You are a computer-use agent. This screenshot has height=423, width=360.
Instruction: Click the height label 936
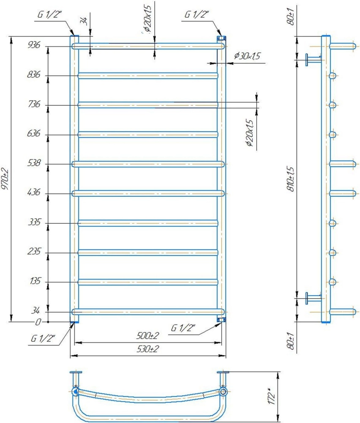coord(34,45)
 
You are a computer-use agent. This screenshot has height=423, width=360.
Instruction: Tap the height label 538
coord(34,163)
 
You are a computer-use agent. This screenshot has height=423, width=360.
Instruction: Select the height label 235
coord(34,252)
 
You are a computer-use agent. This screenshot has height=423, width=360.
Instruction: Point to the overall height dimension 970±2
coord(5,179)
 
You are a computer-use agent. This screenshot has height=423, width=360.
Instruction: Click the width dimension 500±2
coord(147,336)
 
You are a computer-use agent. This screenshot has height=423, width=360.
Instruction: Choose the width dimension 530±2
coord(148,349)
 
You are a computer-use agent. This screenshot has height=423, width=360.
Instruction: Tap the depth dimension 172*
coord(272,395)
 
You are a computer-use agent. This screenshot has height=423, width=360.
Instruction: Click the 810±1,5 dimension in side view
coord(291,179)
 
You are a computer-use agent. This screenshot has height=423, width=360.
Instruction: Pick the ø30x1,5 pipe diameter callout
coord(247,56)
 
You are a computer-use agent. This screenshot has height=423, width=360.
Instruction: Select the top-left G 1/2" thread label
coord(49,14)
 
